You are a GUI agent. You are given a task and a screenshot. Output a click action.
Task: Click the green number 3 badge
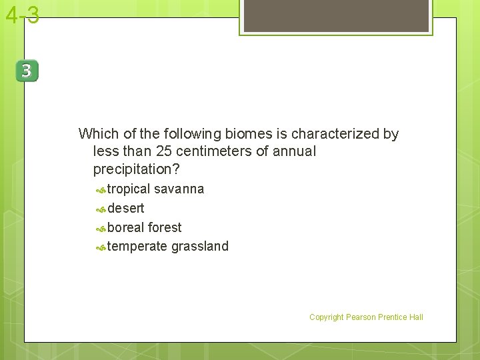point(27,71)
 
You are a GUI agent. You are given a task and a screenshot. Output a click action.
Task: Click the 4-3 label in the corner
point(22,15)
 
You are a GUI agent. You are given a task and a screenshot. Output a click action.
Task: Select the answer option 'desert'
point(125,208)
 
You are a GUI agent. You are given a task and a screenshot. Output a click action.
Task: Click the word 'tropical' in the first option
point(129,189)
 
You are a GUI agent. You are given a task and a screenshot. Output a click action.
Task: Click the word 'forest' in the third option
point(165,227)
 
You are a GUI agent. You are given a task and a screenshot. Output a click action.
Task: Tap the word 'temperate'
point(137,247)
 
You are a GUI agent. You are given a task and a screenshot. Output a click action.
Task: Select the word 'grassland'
point(200,247)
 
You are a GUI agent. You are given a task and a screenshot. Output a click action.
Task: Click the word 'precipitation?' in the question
point(137,169)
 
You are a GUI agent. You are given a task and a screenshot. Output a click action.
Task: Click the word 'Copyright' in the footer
point(326,317)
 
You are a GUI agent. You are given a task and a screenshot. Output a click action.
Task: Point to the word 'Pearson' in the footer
point(361,317)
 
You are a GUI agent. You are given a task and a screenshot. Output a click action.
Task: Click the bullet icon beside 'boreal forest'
point(100,229)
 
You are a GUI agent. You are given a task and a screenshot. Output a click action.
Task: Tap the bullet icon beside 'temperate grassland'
point(100,248)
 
